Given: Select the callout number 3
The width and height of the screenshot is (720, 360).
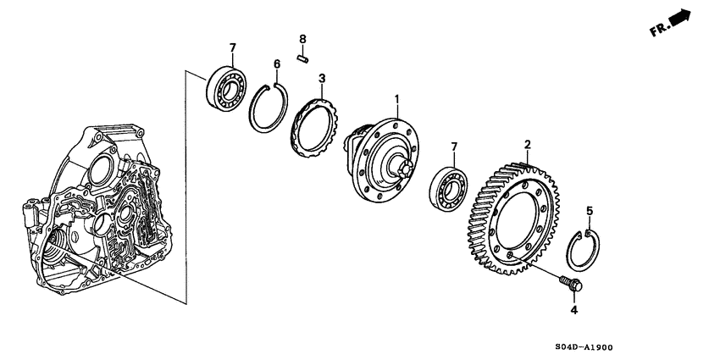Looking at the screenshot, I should click(322, 79).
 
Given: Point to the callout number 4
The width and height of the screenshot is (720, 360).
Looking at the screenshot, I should click(573, 310).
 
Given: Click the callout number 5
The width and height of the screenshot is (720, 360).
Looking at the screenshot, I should click(590, 209).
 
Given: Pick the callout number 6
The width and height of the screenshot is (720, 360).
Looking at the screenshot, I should click(276, 64).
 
